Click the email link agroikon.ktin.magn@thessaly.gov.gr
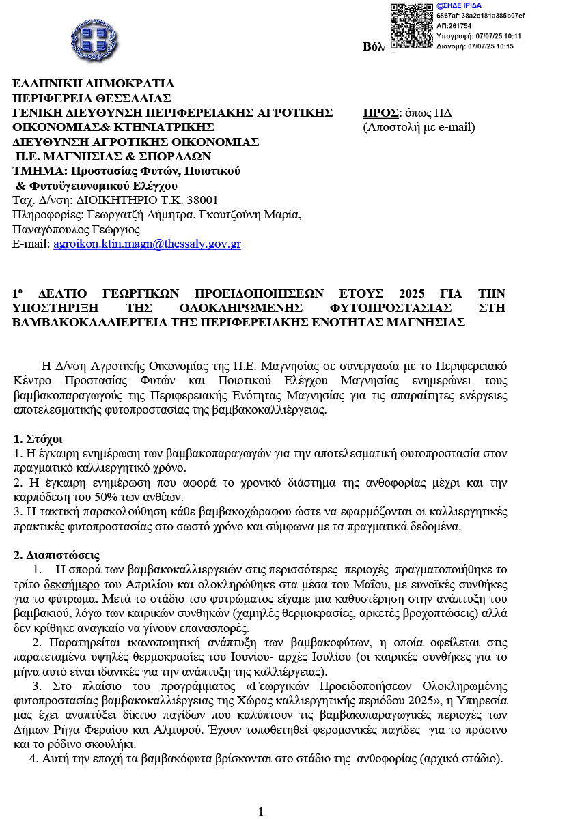click(147, 244)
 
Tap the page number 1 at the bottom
click(260, 811)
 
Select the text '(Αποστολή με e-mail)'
click(418, 127)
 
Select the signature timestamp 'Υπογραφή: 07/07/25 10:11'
click(479, 36)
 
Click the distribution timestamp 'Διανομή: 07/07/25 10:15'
click(475, 46)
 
